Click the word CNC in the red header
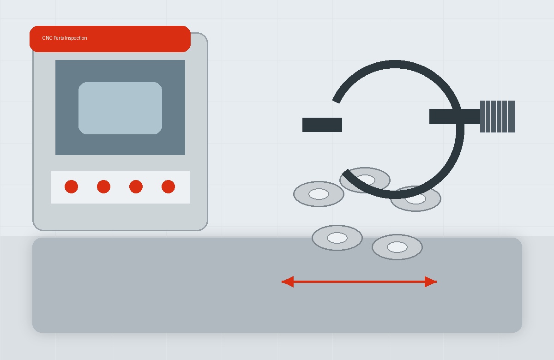[47, 38]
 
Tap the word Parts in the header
[59, 38]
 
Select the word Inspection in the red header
[76, 38]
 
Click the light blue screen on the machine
[120, 108]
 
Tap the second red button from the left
[103, 186]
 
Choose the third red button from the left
[136, 186]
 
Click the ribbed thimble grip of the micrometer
[498, 116]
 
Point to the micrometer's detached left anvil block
[322, 125]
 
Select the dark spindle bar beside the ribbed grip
[455, 116]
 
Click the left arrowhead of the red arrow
[288, 282]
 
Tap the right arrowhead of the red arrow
[431, 282]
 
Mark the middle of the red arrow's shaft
[359, 282]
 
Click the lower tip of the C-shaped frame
[345, 172]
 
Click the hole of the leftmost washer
[319, 194]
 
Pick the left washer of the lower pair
[337, 238]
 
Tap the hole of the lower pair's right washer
[397, 247]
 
